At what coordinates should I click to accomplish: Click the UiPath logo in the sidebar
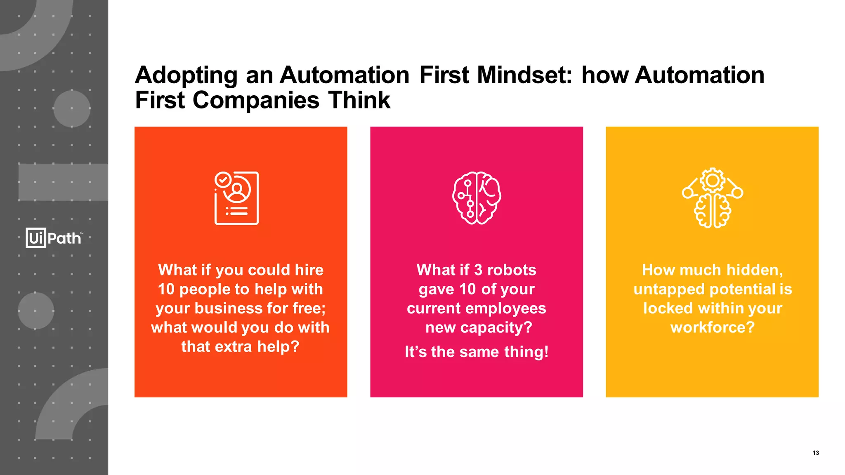[x=54, y=238]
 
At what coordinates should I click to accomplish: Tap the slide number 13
[x=815, y=453]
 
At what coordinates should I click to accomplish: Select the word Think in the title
[x=359, y=100]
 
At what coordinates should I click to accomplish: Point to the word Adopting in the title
[x=186, y=76]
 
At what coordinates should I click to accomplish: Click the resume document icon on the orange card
[x=237, y=198]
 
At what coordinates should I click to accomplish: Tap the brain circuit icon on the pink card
[x=477, y=198]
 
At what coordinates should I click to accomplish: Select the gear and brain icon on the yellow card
[x=712, y=198]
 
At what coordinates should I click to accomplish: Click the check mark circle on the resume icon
[x=223, y=180]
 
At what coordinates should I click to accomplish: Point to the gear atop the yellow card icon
[x=713, y=180]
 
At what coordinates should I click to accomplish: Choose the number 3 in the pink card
[x=478, y=270]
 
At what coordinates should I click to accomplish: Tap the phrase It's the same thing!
[x=477, y=352]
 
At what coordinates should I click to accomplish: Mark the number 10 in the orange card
[x=166, y=289]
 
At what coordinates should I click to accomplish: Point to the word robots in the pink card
[x=512, y=270]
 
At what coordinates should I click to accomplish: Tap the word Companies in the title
[x=256, y=100]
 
